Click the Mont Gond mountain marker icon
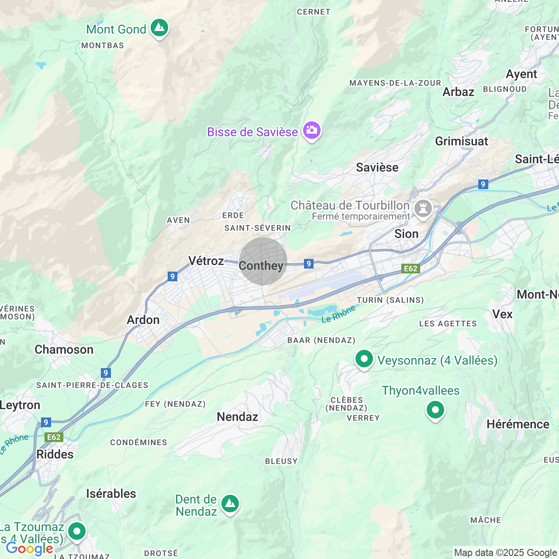(159, 28)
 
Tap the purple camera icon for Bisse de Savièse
(312, 131)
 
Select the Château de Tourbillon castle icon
(423, 208)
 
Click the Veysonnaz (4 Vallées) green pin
(364, 359)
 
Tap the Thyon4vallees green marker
(435, 410)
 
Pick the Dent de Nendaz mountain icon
(230, 504)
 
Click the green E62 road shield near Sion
(411, 269)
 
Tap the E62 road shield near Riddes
(54, 437)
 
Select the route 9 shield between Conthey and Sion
(309, 264)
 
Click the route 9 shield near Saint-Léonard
(483, 184)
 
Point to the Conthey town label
(261, 266)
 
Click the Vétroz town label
(206, 261)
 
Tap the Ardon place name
(143, 320)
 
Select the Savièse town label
(377, 168)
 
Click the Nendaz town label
(238, 417)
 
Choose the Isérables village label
(111, 494)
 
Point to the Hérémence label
(518, 424)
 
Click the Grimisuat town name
(462, 141)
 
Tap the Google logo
(30, 549)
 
